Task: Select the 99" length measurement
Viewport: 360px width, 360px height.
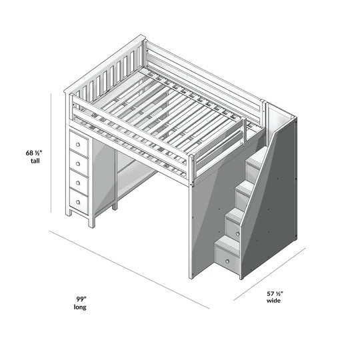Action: (79, 299)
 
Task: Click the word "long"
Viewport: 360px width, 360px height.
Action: (79, 308)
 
